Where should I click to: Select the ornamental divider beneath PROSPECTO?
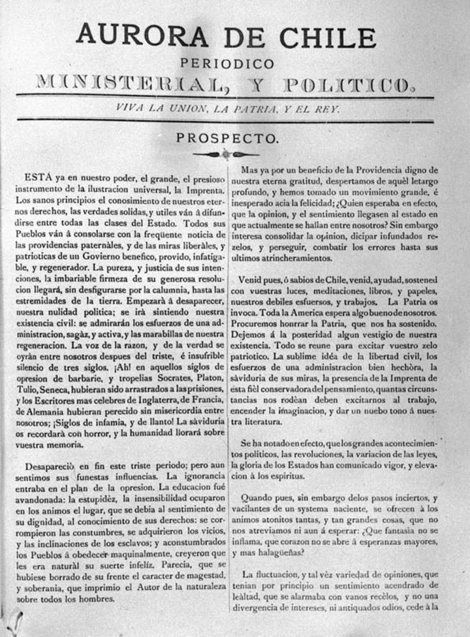click(225, 155)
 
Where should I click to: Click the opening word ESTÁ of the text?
click(35, 177)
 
